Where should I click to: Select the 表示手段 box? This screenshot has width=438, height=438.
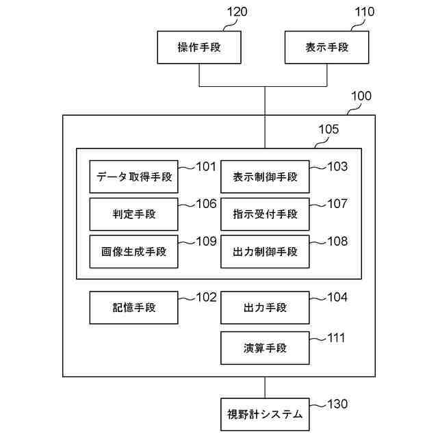tap(327, 48)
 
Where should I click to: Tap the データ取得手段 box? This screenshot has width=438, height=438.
tap(133, 177)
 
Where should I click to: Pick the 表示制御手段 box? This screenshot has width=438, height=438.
tap(265, 177)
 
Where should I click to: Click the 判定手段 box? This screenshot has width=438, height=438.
tap(133, 214)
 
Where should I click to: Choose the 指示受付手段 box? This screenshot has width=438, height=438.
tap(265, 214)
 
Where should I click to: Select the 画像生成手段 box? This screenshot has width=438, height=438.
tap(133, 251)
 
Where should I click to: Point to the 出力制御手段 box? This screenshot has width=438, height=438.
tap(265, 251)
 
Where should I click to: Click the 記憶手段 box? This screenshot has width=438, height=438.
tap(133, 307)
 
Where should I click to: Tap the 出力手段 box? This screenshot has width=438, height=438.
tap(265, 307)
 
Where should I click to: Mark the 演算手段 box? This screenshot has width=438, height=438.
tap(265, 348)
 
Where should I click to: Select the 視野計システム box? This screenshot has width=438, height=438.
tap(265, 414)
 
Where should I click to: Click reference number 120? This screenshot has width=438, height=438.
tap(237, 12)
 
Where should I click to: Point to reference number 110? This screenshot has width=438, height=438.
tap(364, 12)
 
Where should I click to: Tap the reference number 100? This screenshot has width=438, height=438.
tap(361, 96)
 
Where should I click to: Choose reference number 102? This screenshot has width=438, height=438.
tap(206, 297)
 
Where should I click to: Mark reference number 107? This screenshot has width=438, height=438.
tap(337, 203)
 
